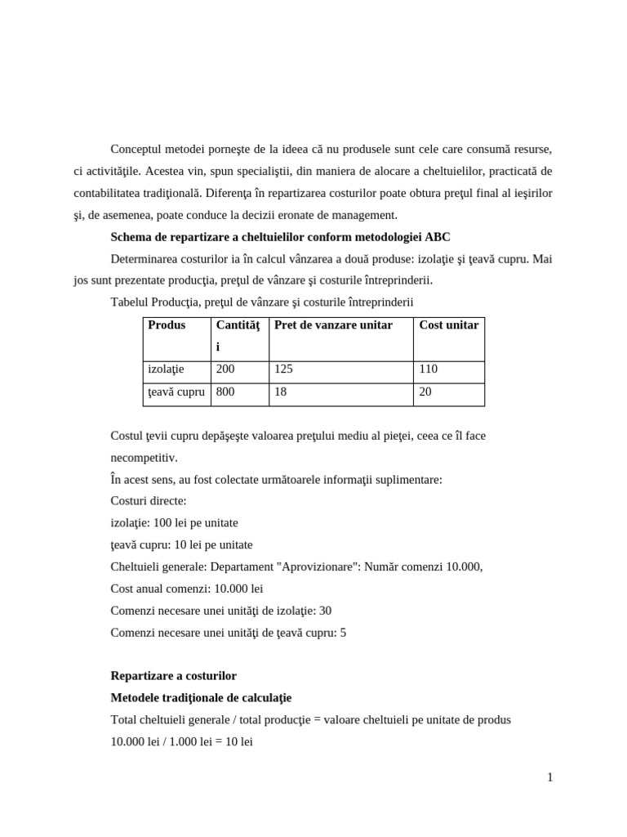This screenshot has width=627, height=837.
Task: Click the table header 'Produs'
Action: point(167,325)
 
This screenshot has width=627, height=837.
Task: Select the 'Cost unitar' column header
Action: point(448,325)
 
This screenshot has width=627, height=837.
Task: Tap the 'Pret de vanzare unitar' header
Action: point(333,325)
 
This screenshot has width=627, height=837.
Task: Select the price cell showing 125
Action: point(283,369)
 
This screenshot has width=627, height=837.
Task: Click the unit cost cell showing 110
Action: point(428,369)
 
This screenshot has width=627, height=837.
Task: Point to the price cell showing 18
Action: point(280,392)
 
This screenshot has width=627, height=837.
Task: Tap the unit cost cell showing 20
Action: point(425,392)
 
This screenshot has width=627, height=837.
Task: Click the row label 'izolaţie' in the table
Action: point(167,369)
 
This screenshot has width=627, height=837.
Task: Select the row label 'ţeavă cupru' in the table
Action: point(176,392)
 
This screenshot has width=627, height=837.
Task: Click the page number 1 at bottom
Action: point(550,777)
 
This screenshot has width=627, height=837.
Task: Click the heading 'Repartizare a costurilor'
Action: point(173,676)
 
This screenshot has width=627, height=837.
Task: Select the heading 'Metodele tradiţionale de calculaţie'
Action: point(201,698)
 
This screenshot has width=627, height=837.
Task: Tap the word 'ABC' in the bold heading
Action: point(437,237)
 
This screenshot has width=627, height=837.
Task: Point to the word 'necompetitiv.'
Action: point(144,458)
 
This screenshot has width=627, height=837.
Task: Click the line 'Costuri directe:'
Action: point(148,500)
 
